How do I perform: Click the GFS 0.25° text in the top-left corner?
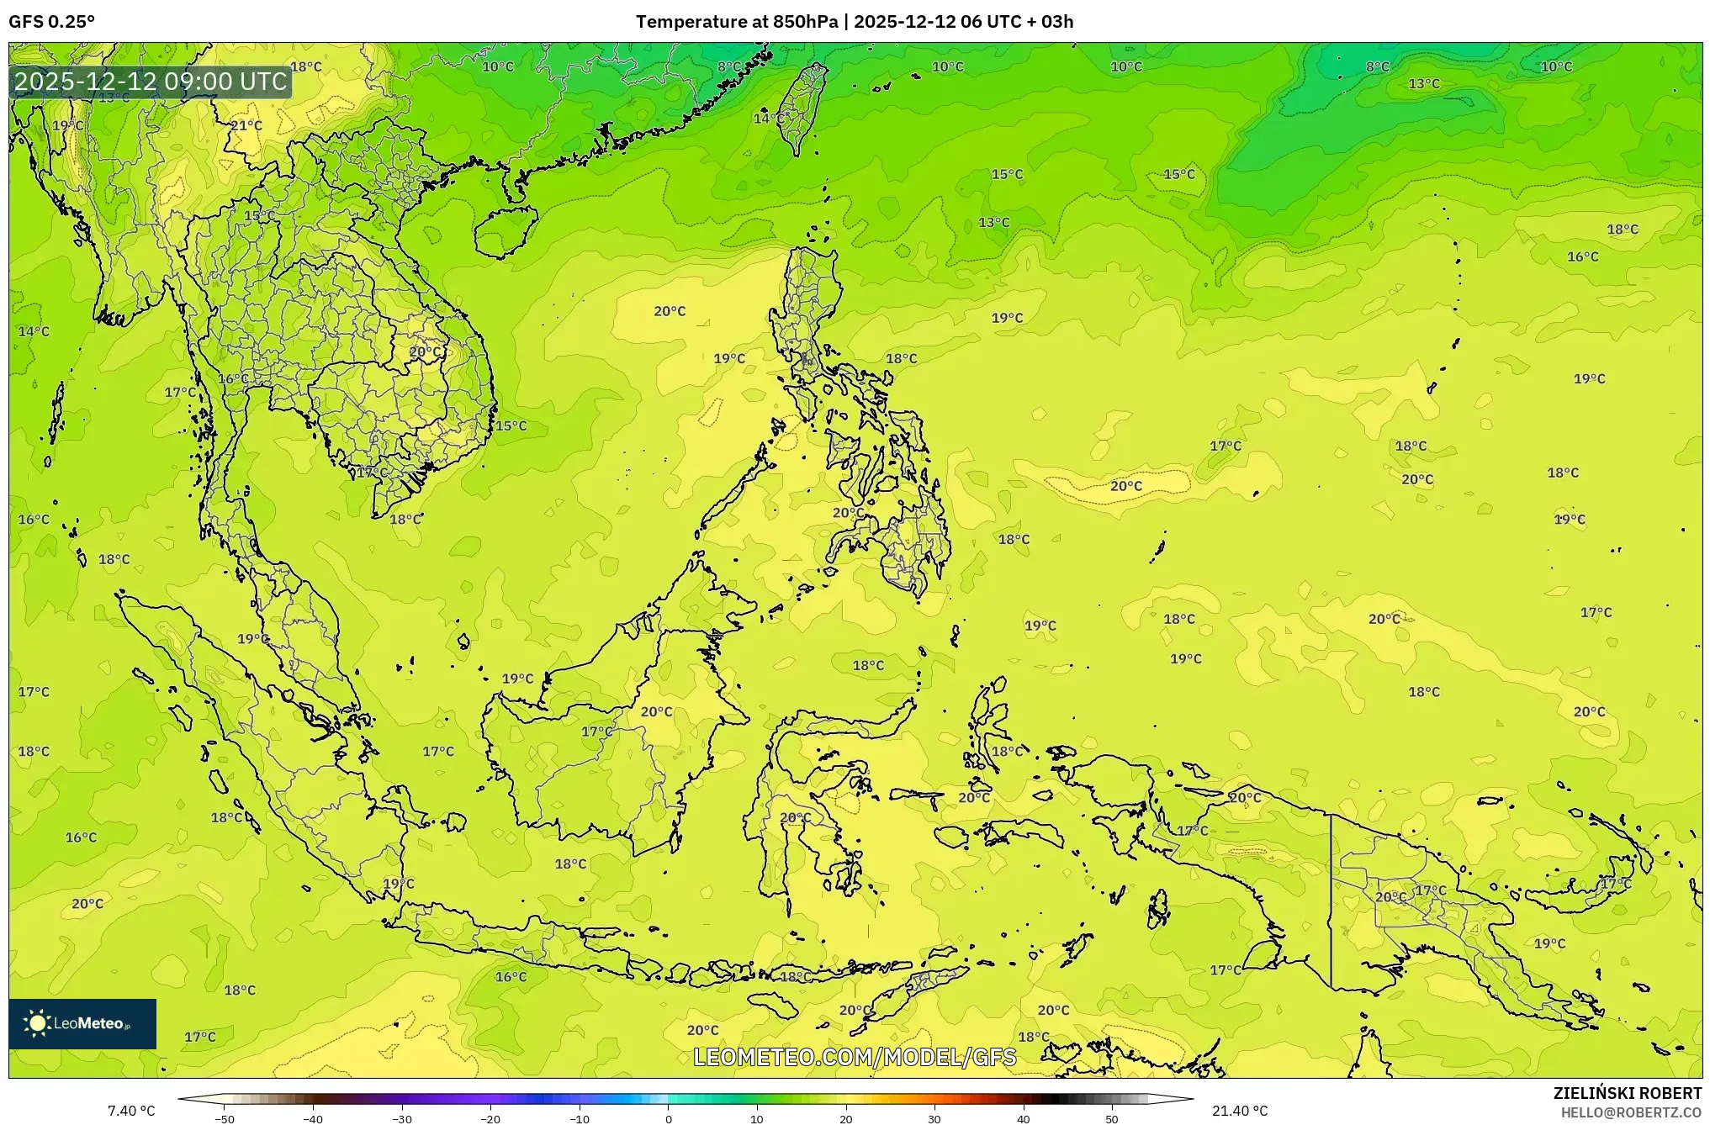click(x=51, y=22)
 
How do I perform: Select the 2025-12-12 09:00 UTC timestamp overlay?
click(x=151, y=82)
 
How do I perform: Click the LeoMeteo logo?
click(x=82, y=1023)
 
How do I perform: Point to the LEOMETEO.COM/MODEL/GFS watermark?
click(x=855, y=1057)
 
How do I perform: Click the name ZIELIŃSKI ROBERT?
click(x=1627, y=1093)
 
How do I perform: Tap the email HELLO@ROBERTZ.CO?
click(x=1631, y=1112)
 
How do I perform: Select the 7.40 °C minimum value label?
click(x=131, y=1111)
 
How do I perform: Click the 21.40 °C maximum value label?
click(x=1239, y=1111)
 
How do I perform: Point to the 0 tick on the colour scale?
click(x=669, y=1118)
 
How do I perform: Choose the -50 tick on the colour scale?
click(x=225, y=1118)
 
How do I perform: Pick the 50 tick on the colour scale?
click(x=1112, y=1118)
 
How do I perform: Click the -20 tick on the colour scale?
click(x=490, y=1118)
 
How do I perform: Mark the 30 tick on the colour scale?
click(x=934, y=1118)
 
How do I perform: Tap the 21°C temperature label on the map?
click(x=246, y=125)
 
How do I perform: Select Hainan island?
click(x=505, y=231)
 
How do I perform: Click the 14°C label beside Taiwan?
click(x=768, y=119)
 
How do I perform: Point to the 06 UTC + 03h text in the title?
click(x=1017, y=22)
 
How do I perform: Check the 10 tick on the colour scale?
click(x=757, y=1118)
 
